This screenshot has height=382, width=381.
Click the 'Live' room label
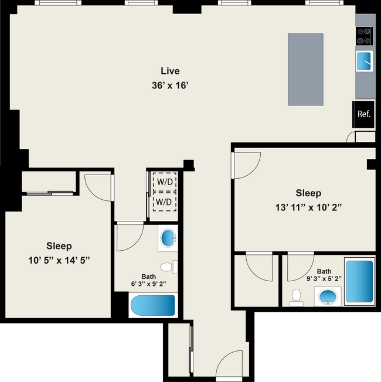point(170,71)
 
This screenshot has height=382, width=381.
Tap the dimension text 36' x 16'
point(170,85)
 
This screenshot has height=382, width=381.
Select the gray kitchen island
point(305,69)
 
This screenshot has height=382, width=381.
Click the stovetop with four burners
point(364,36)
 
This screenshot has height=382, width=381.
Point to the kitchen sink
point(364,60)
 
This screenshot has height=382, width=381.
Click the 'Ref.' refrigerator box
point(363,114)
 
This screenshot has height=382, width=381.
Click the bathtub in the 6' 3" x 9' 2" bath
point(153,305)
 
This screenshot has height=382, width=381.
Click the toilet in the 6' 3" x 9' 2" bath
point(166,267)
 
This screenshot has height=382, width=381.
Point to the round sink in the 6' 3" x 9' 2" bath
point(168,238)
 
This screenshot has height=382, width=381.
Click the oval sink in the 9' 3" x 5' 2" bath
point(328,296)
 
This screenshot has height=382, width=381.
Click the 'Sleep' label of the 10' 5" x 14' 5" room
point(59,246)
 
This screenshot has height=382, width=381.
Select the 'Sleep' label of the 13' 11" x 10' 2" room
point(308,193)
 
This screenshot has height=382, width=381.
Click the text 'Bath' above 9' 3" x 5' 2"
point(324,271)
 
